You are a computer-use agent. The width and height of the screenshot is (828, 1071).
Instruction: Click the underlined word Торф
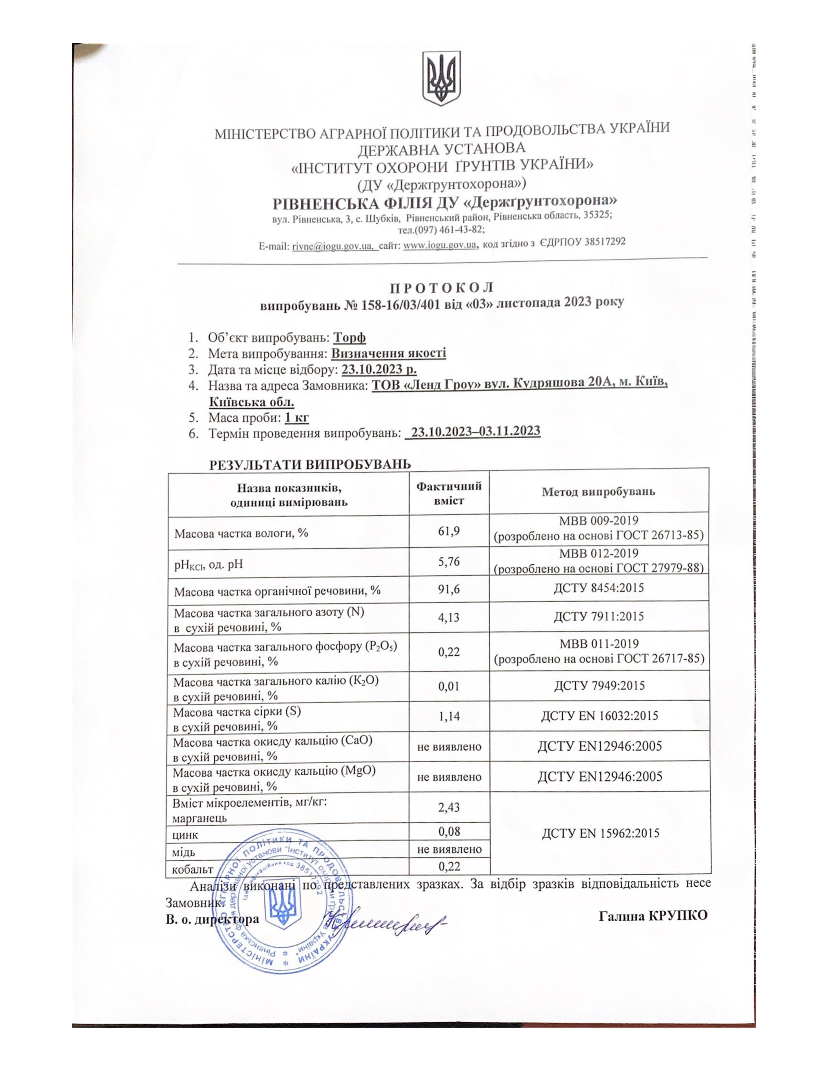click(349, 338)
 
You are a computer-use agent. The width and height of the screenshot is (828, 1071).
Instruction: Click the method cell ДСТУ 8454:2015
click(598, 587)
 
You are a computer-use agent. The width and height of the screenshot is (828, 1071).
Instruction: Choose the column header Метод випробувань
click(598, 491)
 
